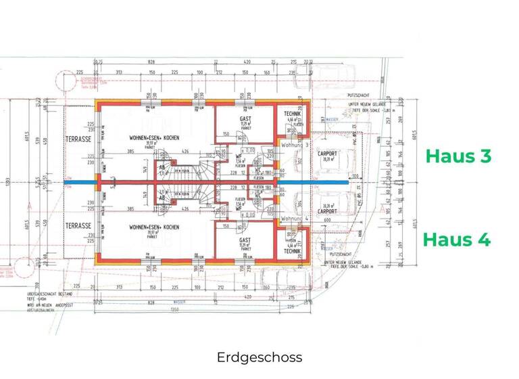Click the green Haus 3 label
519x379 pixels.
point(458,155)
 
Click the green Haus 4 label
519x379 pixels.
point(457,240)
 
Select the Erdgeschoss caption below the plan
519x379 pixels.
point(259,357)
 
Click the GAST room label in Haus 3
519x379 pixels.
point(245,119)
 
